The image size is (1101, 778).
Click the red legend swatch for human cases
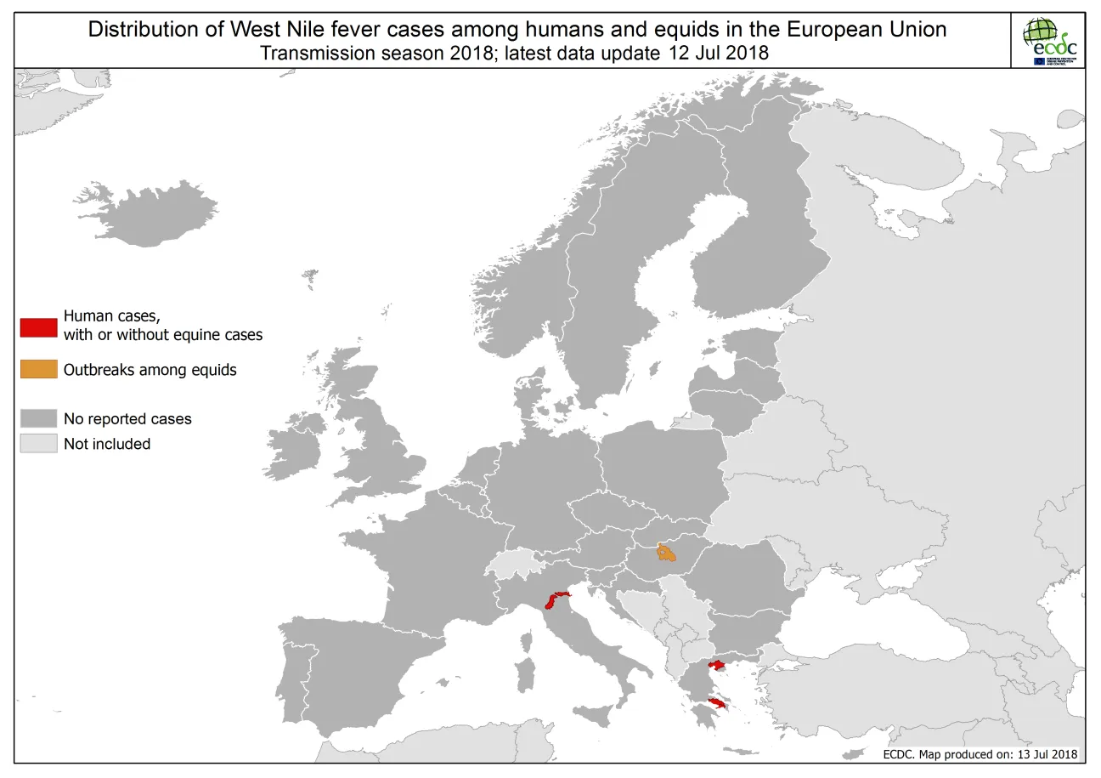click(38, 327)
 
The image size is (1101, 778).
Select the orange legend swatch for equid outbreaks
click(38, 370)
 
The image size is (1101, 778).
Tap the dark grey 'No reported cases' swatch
click(38, 418)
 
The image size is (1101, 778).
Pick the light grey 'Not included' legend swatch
click(38, 444)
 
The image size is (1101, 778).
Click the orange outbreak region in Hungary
click(667, 554)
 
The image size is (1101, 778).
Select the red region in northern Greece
click(715, 665)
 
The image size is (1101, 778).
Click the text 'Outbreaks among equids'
click(150, 370)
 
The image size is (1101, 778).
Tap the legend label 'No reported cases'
click(127, 418)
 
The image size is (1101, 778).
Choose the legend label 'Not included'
click(107, 444)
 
